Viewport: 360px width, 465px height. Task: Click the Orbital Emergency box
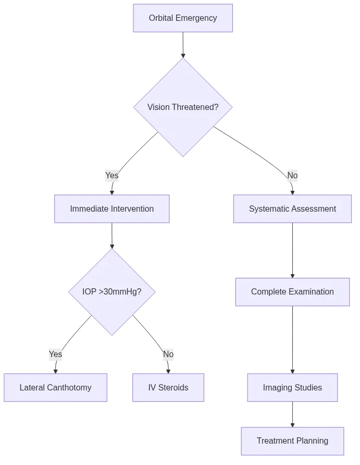pyautogui.click(x=183, y=18)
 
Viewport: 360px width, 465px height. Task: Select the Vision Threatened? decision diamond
pyautogui.click(x=183, y=107)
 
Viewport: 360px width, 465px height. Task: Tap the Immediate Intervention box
pyautogui.click(x=112, y=209)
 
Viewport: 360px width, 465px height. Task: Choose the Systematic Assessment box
pyautogui.click(x=292, y=209)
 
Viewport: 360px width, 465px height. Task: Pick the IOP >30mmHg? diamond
pyautogui.click(x=112, y=292)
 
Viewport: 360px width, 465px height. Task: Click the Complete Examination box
pyautogui.click(x=292, y=292)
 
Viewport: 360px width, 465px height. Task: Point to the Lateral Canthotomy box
pyautogui.click(x=55, y=388)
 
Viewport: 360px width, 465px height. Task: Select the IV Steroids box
pyautogui.click(x=168, y=388)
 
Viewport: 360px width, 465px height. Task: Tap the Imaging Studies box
pyautogui.click(x=292, y=388)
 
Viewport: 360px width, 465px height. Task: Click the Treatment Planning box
pyautogui.click(x=292, y=441)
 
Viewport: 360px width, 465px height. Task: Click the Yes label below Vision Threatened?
pyautogui.click(x=112, y=176)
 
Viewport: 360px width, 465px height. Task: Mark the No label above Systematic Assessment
pyautogui.click(x=292, y=176)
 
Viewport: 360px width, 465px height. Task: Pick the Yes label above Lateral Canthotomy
pyautogui.click(x=55, y=354)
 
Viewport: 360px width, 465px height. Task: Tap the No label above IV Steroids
pyautogui.click(x=168, y=354)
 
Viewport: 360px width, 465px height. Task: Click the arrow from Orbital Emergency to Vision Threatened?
pyautogui.click(x=183, y=45)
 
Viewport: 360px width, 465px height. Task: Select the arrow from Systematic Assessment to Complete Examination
pyautogui.click(x=292, y=250)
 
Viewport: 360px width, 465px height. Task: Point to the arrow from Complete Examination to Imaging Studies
pyautogui.click(x=292, y=339)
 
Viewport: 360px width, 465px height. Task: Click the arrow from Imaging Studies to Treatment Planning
pyautogui.click(x=292, y=414)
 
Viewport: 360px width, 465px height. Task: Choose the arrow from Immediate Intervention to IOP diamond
pyautogui.click(x=112, y=236)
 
